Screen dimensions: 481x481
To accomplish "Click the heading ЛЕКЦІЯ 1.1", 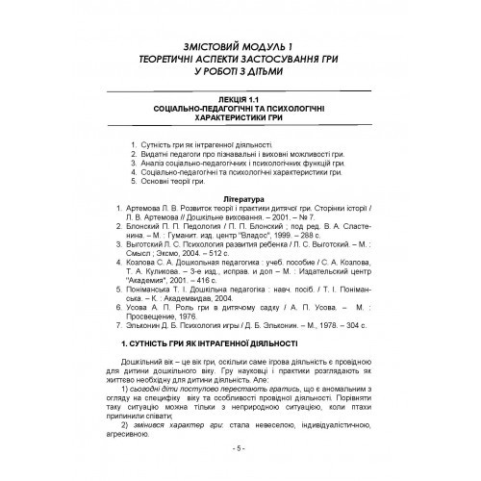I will click(239, 97).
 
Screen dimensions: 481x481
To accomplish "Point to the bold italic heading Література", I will click(239, 197).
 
